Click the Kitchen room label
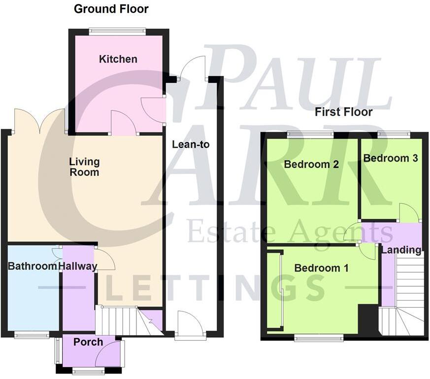point(118,60)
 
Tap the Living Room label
point(84,167)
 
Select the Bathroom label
point(33,267)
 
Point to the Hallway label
point(78,267)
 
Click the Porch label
point(88,342)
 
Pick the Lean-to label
point(191,145)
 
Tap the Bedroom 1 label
point(321,269)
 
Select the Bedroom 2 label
point(311,165)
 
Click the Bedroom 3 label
point(391,158)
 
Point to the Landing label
point(401,250)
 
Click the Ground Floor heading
point(111,9)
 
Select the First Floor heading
point(344,112)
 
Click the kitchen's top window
point(117,31)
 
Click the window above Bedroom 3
point(394,134)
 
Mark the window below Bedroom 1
point(319,338)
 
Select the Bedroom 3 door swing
point(409,212)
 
